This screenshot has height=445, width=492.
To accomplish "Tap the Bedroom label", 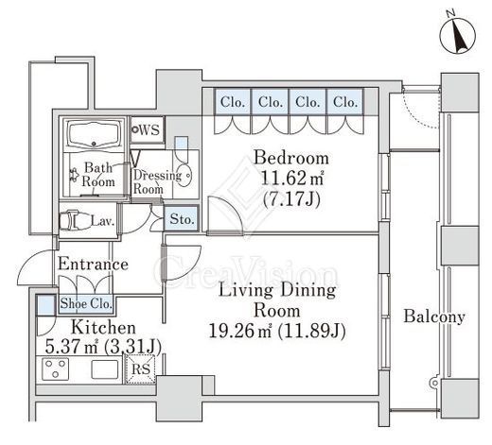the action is coord(291,158).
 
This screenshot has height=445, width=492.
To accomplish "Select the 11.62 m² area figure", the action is coord(292,179).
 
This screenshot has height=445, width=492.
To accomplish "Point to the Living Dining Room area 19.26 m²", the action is coord(240,331).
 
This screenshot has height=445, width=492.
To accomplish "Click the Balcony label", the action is coord(434,317).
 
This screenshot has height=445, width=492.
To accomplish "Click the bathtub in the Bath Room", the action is coord(94,134).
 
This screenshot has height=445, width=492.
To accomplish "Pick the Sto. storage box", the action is coord(182,219).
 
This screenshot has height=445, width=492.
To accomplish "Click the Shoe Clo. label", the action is coord(86,303).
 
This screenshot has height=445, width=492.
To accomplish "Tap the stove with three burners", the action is coord(56,368).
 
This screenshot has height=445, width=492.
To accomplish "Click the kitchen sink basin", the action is coord(105,369).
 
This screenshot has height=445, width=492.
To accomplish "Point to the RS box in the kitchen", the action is coord(140,369).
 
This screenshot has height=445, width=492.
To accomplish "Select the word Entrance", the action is coord(93,264).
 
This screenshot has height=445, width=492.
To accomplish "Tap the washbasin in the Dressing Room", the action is coord(183,175).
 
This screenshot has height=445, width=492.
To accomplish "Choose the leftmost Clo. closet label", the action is coord(233,102).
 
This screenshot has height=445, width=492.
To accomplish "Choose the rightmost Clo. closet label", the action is coord(345,102).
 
